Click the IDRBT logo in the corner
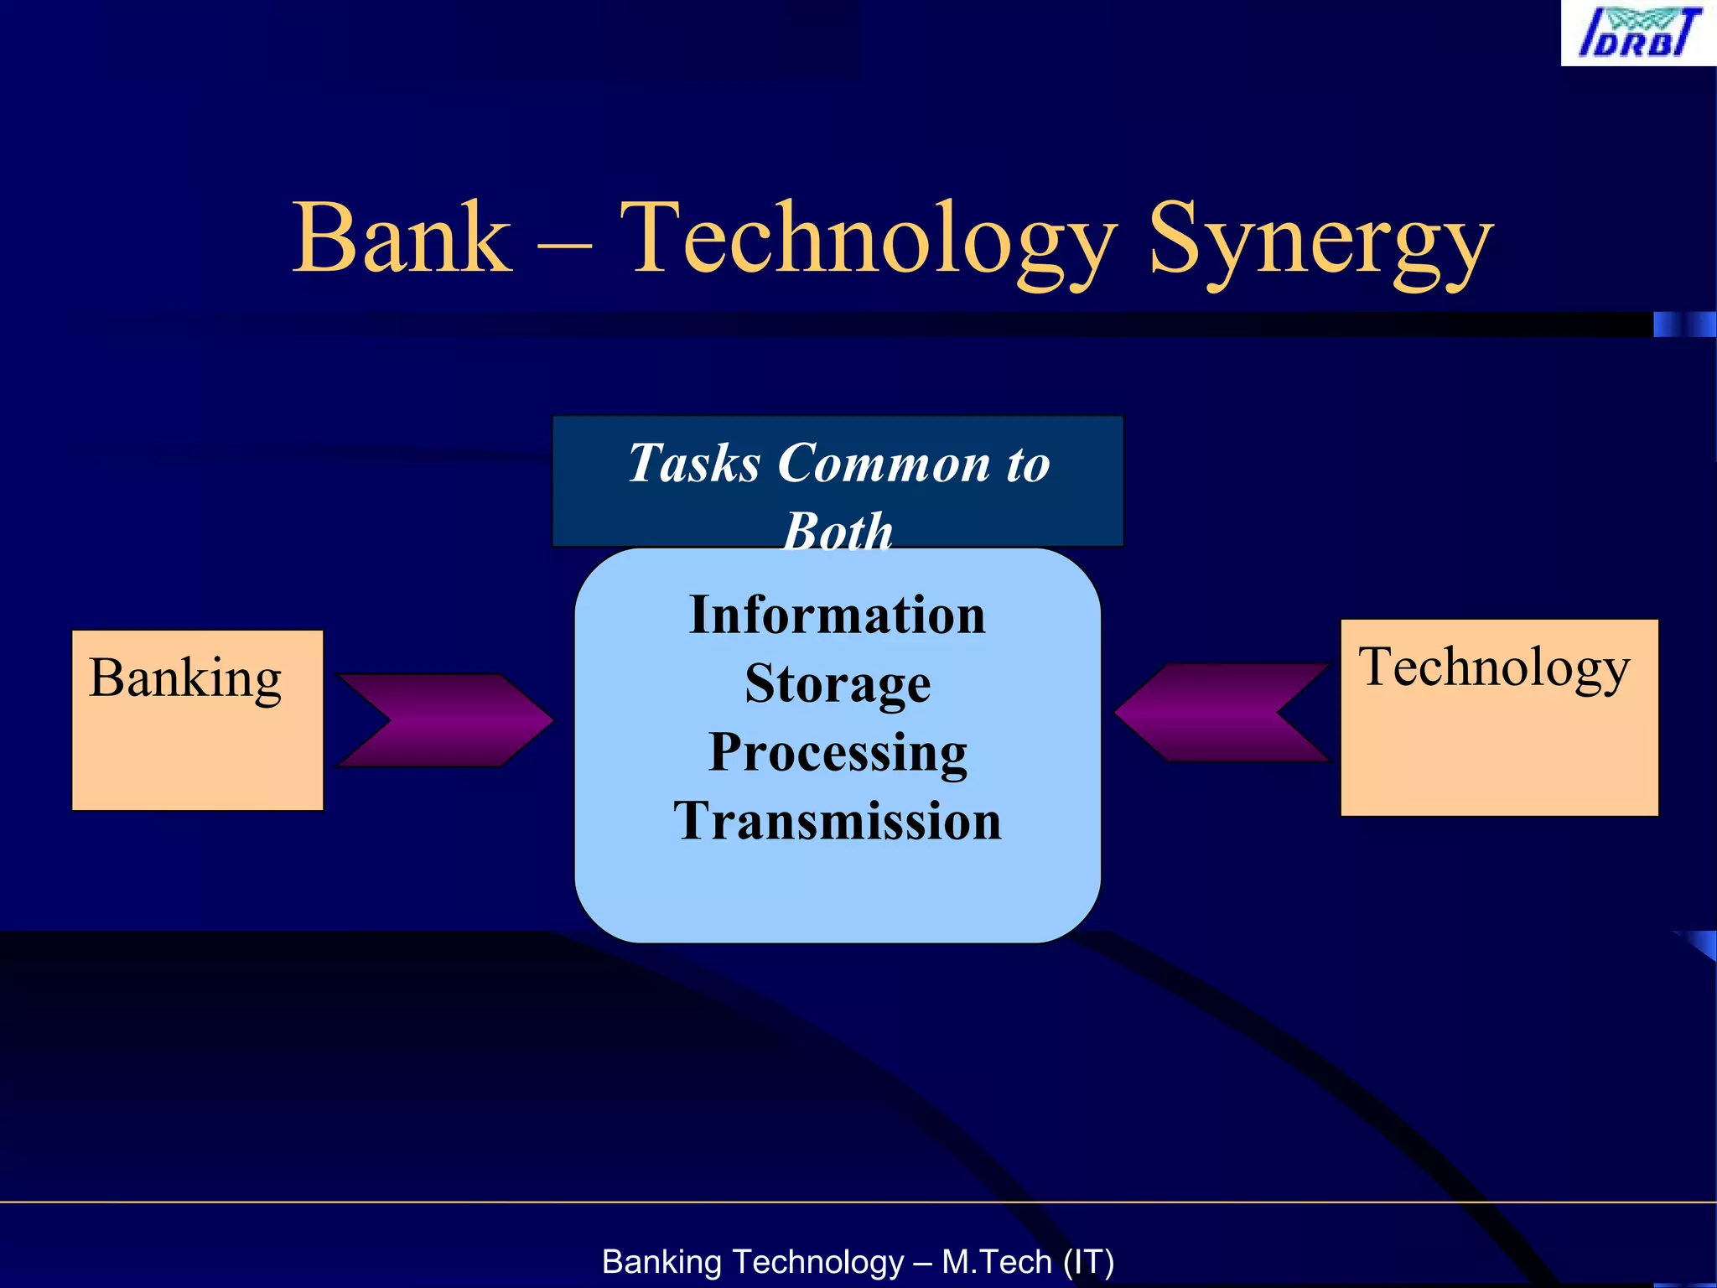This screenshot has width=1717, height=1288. click(x=1638, y=34)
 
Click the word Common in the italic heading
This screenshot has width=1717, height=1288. click(x=884, y=464)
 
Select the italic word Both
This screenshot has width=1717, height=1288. click(x=838, y=531)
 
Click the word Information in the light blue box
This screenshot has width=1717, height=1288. click(x=837, y=615)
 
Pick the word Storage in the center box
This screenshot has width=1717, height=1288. click(x=837, y=684)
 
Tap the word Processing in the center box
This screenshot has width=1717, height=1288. click(x=837, y=752)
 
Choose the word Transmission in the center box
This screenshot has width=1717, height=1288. click(x=837, y=821)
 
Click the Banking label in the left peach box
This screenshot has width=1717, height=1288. click(x=185, y=678)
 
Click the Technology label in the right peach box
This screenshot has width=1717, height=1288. click(x=1494, y=668)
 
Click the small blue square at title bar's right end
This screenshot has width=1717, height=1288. click(x=1683, y=325)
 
